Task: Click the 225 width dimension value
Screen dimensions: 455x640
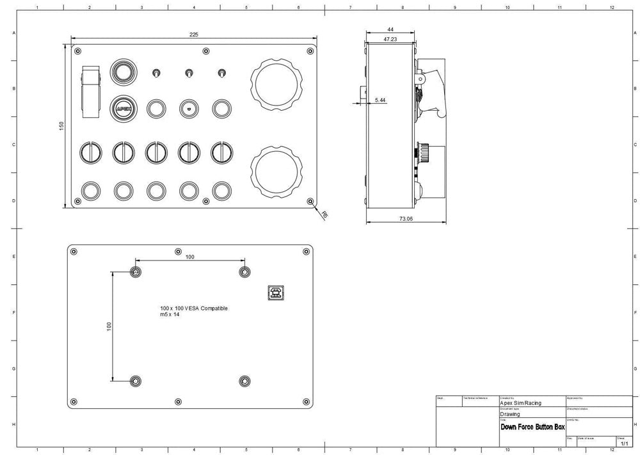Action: tap(194, 34)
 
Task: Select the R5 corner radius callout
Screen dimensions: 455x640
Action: tap(324, 215)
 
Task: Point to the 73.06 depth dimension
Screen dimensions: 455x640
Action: tap(406, 218)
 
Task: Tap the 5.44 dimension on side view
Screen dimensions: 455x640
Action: tap(380, 100)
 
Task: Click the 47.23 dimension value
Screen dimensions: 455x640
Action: tap(390, 40)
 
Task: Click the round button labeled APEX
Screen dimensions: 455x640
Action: tap(124, 109)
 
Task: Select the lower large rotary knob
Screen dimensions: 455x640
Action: tap(276, 171)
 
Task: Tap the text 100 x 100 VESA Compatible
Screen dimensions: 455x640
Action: tap(194, 308)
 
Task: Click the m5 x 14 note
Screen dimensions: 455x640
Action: tap(170, 315)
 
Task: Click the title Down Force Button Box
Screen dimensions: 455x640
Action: tap(532, 426)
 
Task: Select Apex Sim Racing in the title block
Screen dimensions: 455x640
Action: tap(520, 403)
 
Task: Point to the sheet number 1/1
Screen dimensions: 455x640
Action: tap(624, 443)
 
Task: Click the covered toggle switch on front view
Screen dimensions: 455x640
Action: tap(92, 92)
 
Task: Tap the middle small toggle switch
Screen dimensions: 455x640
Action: tap(188, 73)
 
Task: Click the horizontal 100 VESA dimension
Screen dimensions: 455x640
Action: tap(190, 257)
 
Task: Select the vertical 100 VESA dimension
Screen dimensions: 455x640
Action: tap(109, 326)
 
